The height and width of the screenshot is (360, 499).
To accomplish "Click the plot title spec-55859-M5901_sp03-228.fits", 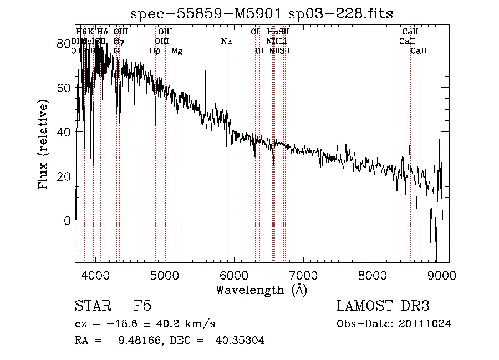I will click(x=262, y=13).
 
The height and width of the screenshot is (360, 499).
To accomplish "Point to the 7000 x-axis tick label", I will click(x=303, y=275).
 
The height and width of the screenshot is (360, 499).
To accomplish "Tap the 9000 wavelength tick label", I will click(x=442, y=275).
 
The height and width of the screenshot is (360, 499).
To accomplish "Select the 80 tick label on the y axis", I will click(x=64, y=43).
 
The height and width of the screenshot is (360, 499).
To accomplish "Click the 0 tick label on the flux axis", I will click(x=67, y=221).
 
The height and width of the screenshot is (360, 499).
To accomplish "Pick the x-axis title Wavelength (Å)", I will click(x=261, y=290).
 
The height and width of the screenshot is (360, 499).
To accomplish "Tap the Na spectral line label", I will click(x=226, y=41).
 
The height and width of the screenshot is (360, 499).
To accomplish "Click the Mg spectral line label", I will click(x=176, y=50).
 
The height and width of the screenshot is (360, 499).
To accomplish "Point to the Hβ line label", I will click(x=155, y=50).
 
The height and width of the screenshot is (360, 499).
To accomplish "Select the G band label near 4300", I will click(x=116, y=50).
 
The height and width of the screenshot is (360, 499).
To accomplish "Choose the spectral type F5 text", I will click(x=142, y=306).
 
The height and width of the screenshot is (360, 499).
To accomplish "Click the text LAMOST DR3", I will click(x=383, y=306).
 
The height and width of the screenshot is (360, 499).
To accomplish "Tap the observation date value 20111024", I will click(x=426, y=324).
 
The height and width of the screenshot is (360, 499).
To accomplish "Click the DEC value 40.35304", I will click(x=240, y=341).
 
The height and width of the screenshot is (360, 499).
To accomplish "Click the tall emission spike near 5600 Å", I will click(x=205, y=72).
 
